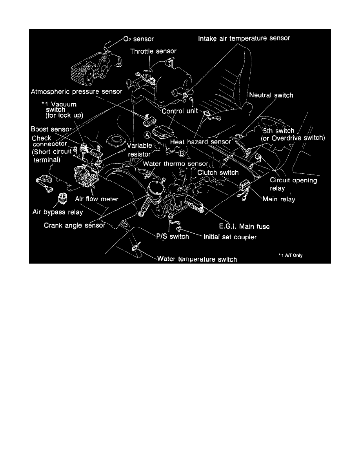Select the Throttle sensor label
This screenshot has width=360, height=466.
(x=153, y=51)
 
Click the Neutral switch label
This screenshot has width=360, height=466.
(x=271, y=95)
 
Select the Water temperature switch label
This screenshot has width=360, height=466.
(x=197, y=259)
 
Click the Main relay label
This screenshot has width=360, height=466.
(x=278, y=199)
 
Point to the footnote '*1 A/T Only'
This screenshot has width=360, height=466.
(x=291, y=255)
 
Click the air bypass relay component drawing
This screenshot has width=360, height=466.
(x=62, y=199)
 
